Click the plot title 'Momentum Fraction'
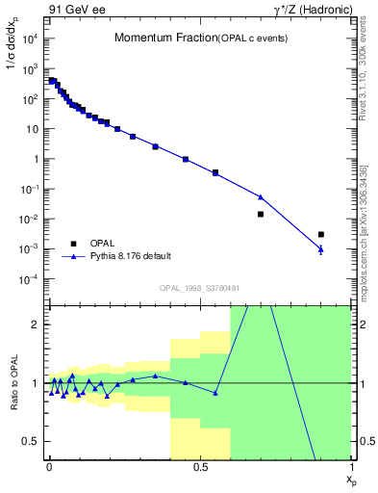coord(155,39)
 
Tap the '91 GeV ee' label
coord(74,10)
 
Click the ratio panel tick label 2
coord(36,324)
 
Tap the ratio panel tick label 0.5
coord(32,442)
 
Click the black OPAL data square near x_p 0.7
coord(261,214)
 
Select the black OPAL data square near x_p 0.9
coord(321,234)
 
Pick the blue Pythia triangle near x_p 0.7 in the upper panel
coord(261,196)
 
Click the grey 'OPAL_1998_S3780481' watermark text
coord(199,288)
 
